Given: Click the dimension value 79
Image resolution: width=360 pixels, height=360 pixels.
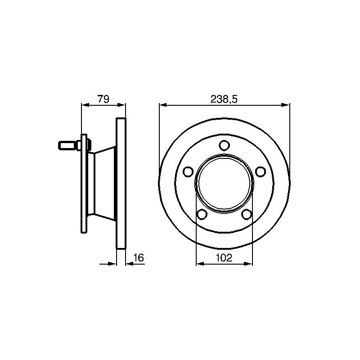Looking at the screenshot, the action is pyautogui.click(x=103, y=99).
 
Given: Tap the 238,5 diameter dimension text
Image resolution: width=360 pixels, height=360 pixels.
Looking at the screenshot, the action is pyautogui.click(x=224, y=99).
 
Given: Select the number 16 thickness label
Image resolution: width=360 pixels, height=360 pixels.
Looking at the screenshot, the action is pyautogui.click(x=139, y=257).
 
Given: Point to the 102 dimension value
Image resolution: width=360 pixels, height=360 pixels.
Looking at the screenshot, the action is pyautogui.click(x=224, y=257).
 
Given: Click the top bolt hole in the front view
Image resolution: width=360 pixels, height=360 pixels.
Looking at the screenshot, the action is pyautogui.click(x=224, y=145).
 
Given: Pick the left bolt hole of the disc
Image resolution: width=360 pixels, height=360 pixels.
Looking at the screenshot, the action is pyautogui.click(x=188, y=171).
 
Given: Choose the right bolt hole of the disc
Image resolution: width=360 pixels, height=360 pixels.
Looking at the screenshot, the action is pyautogui.click(x=261, y=171).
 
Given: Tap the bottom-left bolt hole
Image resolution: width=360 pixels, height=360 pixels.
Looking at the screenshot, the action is pyautogui.click(x=202, y=214).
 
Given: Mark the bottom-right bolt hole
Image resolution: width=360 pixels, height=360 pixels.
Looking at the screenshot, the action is pyautogui.click(x=247, y=214).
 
